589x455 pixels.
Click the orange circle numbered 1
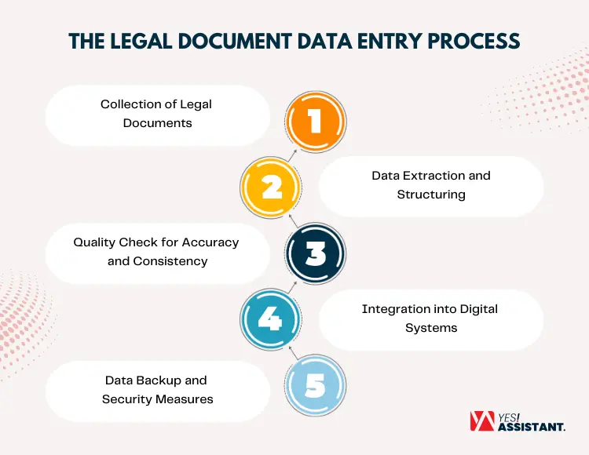(x=315, y=122)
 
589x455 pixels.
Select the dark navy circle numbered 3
(x=315, y=253)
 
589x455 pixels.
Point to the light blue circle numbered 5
(x=315, y=384)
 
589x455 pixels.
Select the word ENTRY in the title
(x=378, y=42)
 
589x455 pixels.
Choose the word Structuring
(x=431, y=194)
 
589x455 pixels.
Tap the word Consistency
(x=170, y=260)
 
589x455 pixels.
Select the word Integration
(x=394, y=309)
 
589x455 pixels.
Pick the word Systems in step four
(x=431, y=328)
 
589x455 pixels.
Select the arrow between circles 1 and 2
(x=291, y=154)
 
